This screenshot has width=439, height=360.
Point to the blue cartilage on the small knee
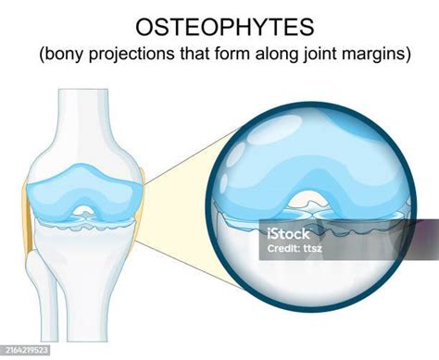coord(65,185)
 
